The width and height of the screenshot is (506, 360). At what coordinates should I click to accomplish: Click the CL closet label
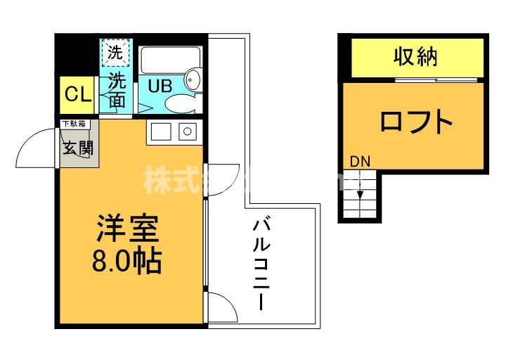78,94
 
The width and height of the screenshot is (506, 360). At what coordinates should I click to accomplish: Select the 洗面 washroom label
117,91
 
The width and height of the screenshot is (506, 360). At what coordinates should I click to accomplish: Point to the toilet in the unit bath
179,103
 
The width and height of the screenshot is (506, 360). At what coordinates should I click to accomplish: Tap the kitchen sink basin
160,131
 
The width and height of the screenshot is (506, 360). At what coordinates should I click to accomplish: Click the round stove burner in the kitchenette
187,131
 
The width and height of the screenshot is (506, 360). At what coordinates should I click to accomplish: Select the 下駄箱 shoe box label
74,124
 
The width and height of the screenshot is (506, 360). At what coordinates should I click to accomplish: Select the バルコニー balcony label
261,265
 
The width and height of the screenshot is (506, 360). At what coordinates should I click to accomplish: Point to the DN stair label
360,162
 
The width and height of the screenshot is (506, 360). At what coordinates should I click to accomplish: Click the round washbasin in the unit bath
194,77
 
